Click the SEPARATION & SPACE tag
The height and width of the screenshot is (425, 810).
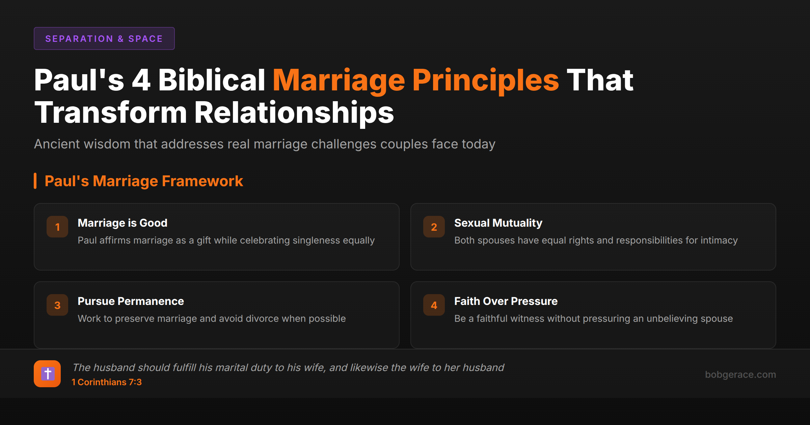104,38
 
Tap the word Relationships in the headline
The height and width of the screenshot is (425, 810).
294,113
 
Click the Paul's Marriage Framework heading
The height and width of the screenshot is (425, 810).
143,181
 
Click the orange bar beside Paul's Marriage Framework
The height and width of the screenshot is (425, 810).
35,181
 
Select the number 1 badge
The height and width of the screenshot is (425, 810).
57,227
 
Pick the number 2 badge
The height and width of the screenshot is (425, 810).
434,227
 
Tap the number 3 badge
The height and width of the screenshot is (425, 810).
57,305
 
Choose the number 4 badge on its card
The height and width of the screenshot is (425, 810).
434,305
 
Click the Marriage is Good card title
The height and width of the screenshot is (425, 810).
122,223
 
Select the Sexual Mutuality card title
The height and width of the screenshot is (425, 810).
498,223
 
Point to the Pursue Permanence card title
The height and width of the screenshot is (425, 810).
131,301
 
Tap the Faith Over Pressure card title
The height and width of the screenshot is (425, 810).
506,301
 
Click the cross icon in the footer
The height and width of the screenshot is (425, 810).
47,374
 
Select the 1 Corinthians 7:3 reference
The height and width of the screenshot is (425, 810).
107,382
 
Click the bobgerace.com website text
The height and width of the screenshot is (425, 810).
740,374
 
